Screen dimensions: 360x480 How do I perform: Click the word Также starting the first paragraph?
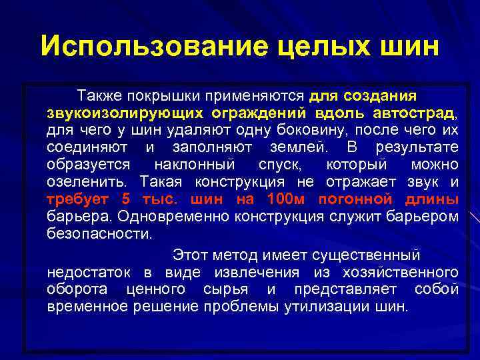point(99,95)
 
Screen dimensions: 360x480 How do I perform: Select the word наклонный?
point(194,164)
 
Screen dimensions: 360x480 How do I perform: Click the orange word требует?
point(79,199)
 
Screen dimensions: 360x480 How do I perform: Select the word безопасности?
point(99,233)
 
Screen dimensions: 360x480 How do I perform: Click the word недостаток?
point(90,272)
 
